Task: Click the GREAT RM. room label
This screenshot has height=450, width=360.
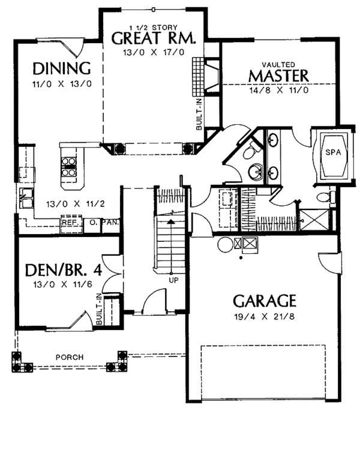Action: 154,38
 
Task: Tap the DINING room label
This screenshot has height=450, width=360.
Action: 62,68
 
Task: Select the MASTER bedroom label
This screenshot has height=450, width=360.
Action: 278,76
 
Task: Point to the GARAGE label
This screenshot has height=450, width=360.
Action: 265,301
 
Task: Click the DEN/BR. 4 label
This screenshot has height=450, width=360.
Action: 64,270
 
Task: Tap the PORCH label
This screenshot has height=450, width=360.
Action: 70,358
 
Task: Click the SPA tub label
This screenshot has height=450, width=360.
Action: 334,152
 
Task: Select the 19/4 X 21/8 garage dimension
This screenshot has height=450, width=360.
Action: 265,317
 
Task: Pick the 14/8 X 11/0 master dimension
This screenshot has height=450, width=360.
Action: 279,91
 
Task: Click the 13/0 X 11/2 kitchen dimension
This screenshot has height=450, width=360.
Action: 76,204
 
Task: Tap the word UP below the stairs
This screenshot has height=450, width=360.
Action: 173,280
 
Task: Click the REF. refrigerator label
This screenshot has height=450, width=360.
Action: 71,223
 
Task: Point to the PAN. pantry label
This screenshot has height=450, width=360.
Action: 111,223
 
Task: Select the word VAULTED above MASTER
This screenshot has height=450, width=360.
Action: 278,65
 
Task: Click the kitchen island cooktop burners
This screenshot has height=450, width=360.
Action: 69,167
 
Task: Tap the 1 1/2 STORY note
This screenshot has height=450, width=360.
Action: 154,28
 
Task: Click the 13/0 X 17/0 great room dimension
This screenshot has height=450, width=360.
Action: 154,53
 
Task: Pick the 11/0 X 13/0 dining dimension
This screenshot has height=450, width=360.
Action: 62,84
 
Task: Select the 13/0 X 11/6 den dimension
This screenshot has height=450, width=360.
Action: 62,284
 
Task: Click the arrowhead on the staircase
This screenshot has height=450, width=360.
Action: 171,221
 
